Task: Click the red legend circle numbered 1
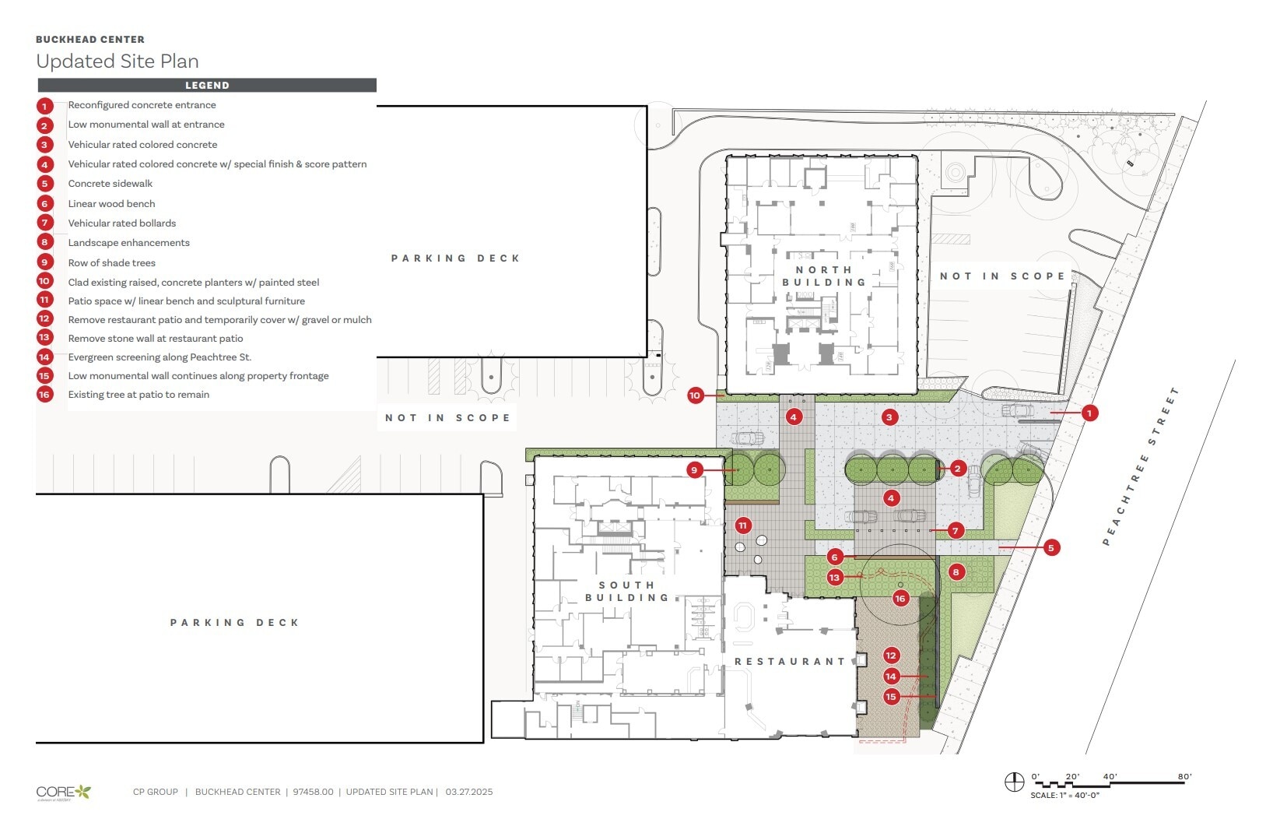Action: (x=44, y=106)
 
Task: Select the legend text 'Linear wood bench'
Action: (x=111, y=204)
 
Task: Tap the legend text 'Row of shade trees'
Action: (x=111, y=263)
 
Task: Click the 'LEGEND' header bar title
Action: (x=207, y=86)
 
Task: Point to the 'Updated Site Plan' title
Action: (x=117, y=62)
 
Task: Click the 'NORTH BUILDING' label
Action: (x=824, y=276)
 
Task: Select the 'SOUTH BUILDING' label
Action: (x=627, y=592)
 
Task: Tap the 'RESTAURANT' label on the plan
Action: (x=790, y=662)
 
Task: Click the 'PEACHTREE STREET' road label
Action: (x=1142, y=466)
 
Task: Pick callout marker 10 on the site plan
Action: (x=695, y=395)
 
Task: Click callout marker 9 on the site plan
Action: (x=695, y=469)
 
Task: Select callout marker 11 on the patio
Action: (x=742, y=525)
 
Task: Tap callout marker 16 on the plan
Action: (x=900, y=599)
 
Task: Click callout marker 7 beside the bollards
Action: (x=956, y=531)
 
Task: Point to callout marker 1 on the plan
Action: (x=1090, y=413)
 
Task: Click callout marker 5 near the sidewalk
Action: (x=1050, y=548)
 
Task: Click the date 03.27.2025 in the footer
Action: (x=469, y=793)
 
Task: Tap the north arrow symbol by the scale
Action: (x=1014, y=782)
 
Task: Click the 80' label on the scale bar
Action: (x=1184, y=776)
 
